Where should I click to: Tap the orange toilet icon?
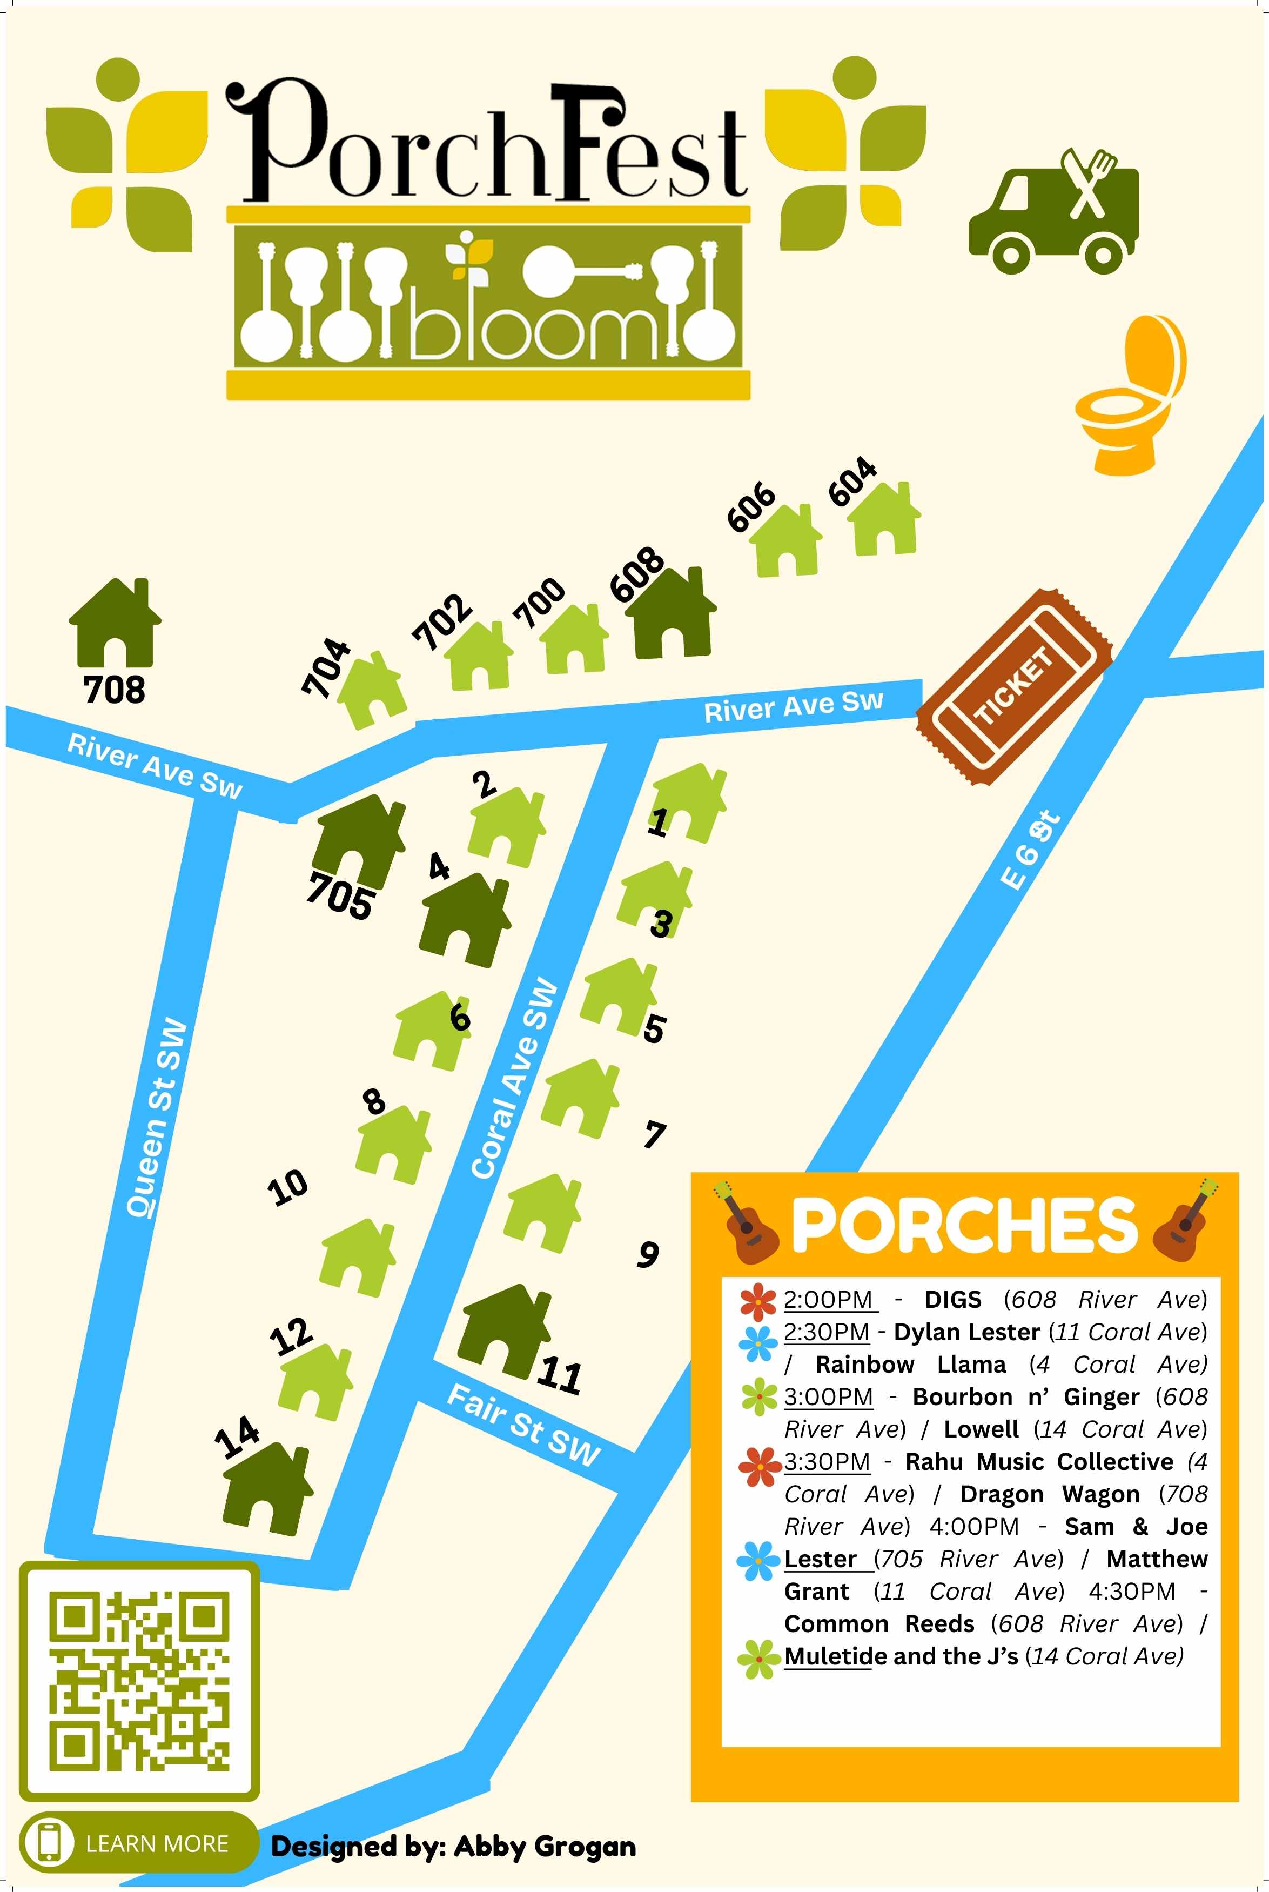pyautogui.click(x=1131, y=395)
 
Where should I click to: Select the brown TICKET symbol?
pyautogui.click(x=1014, y=686)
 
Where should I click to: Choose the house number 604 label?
pyautogui.click(x=852, y=481)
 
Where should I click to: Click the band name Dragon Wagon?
pyautogui.click(x=1050, y=1494)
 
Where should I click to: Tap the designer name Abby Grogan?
pyautogui.click(x=545, y=1846)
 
